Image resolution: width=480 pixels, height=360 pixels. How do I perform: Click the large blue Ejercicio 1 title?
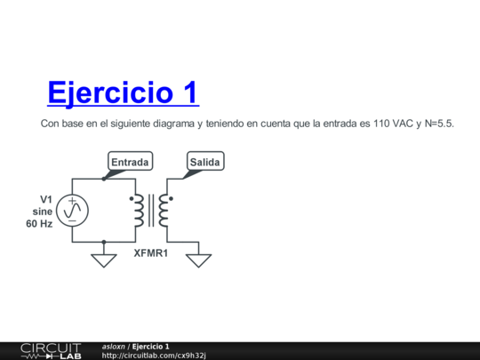(123, 92)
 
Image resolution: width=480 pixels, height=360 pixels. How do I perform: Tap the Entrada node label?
(130, 162)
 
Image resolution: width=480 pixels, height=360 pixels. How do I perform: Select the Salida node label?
(205, 162)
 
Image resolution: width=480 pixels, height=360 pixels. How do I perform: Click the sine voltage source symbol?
(73, 211)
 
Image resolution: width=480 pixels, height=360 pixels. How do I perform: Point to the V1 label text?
(46, 199)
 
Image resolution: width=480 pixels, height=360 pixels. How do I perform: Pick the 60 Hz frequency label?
(39, 224)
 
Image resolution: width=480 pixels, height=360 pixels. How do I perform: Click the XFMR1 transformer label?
(152, 253)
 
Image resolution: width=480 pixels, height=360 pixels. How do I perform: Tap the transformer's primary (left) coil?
(139, 211)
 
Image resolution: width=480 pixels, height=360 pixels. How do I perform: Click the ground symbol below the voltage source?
(104, 260)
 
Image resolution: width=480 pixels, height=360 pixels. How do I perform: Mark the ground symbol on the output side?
(199, 260)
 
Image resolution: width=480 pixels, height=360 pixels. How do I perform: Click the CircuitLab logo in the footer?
(51, 350)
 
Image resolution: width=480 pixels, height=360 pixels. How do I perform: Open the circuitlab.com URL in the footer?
(153, 356)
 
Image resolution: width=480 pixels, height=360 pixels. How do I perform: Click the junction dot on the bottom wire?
(104, 242)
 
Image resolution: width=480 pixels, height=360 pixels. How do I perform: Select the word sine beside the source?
(43, 212)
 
